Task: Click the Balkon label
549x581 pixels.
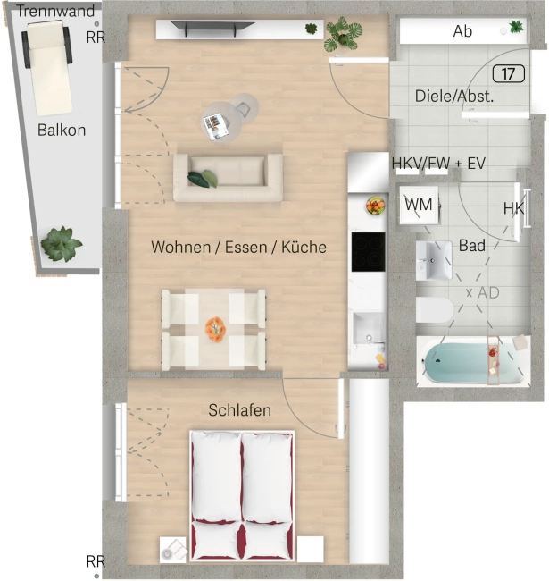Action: point(62,131)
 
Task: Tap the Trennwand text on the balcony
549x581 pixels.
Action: point(56,11)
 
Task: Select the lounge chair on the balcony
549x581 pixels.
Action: point(47,67)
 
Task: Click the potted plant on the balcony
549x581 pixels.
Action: point(61,244)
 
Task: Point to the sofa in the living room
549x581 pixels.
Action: point(228,178)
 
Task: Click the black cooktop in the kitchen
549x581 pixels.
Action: point(368,251)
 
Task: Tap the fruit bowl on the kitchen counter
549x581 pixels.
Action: point(376,205)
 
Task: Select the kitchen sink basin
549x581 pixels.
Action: point(368,327)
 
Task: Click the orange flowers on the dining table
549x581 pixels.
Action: point(216,328)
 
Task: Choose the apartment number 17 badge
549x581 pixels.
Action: point(509,73)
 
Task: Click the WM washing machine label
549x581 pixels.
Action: point(419,205)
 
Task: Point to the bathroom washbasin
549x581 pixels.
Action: point(434,260)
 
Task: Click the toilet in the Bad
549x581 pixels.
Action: point(435,310)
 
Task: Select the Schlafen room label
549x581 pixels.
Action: point(240,410)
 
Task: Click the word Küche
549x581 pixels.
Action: point(304,247)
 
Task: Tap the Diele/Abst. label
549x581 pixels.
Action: point(454,96)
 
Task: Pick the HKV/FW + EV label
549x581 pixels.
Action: point(438,163)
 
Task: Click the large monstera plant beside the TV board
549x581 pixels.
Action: point(343,34)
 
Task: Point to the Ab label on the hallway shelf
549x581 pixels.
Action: point(462,31)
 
